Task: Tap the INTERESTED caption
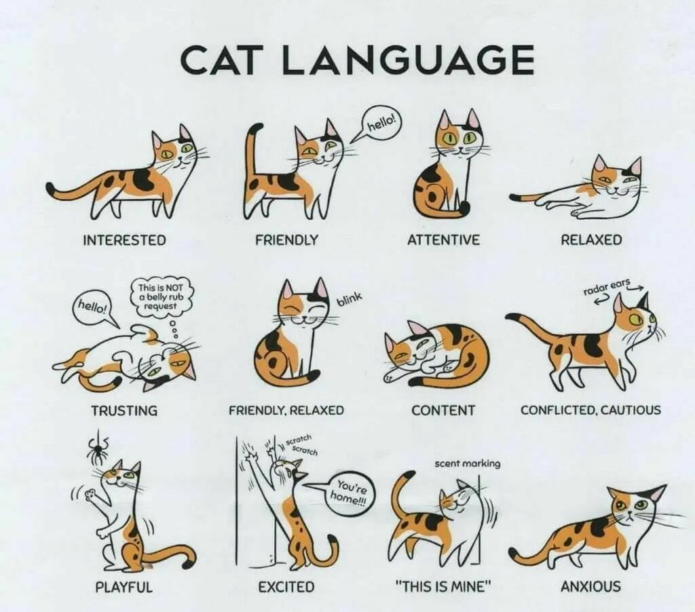125,240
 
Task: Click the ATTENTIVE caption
443,240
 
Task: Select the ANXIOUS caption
591,587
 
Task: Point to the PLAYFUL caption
124,587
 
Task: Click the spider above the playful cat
96,450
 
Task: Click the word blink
350,300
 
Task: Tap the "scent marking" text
468,463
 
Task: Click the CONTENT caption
443,410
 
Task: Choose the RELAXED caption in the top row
591,240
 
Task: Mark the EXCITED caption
286,587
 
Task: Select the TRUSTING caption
124,410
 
